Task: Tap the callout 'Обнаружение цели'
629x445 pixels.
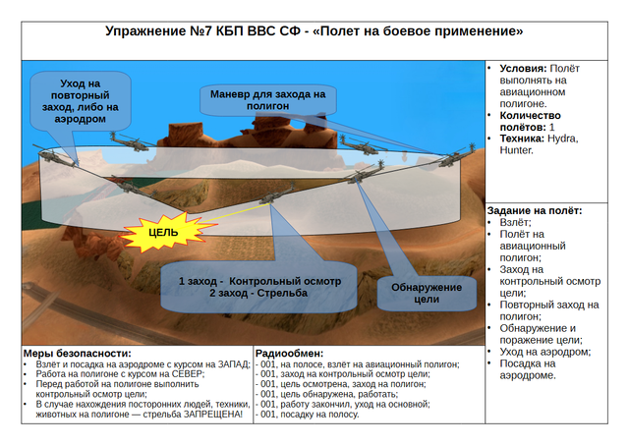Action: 427,294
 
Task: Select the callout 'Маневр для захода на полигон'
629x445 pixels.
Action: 268,100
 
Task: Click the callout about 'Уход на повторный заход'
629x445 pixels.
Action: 81,101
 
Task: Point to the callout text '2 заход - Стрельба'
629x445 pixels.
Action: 258,293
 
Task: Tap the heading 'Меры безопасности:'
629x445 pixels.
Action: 77,354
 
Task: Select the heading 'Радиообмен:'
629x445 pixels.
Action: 289,354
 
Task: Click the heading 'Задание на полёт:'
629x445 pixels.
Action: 535,211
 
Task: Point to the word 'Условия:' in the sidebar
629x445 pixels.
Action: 523,69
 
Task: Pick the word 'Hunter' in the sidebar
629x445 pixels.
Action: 516,150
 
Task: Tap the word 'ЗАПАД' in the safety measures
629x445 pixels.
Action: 234,364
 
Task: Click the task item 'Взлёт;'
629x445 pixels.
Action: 515,222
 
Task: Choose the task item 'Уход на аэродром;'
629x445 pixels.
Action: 545,352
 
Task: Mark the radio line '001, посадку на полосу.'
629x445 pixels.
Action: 310,415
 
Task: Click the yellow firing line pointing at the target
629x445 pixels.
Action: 235,213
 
